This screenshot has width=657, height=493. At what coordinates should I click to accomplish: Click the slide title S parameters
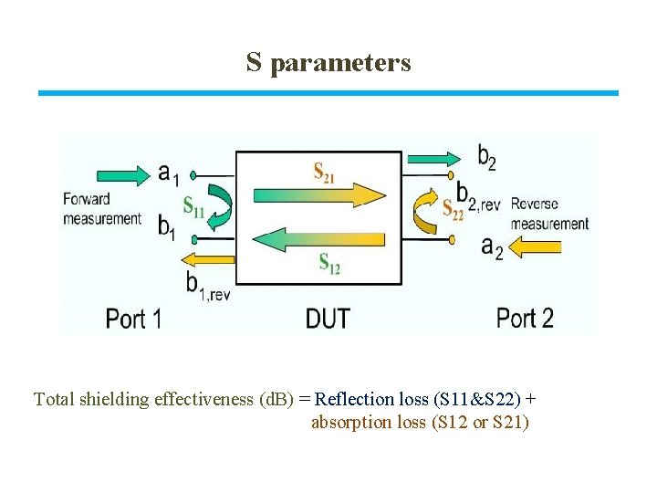point(328,62)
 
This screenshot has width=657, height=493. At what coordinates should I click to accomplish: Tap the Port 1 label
point(133,318)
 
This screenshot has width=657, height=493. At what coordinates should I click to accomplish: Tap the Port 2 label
point(525,318)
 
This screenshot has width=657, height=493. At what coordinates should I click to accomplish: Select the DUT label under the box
point(328,319)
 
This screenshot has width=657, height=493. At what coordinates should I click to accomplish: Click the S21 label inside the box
point(324,171)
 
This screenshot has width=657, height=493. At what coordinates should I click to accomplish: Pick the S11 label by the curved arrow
point(193,208)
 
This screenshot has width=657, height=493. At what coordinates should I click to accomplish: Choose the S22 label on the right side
point(453,209)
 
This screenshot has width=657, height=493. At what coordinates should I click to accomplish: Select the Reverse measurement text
point(549,214)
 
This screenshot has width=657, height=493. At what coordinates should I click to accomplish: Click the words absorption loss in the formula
point(368,423)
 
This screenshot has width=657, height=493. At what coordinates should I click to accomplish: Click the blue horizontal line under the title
point(328,93)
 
